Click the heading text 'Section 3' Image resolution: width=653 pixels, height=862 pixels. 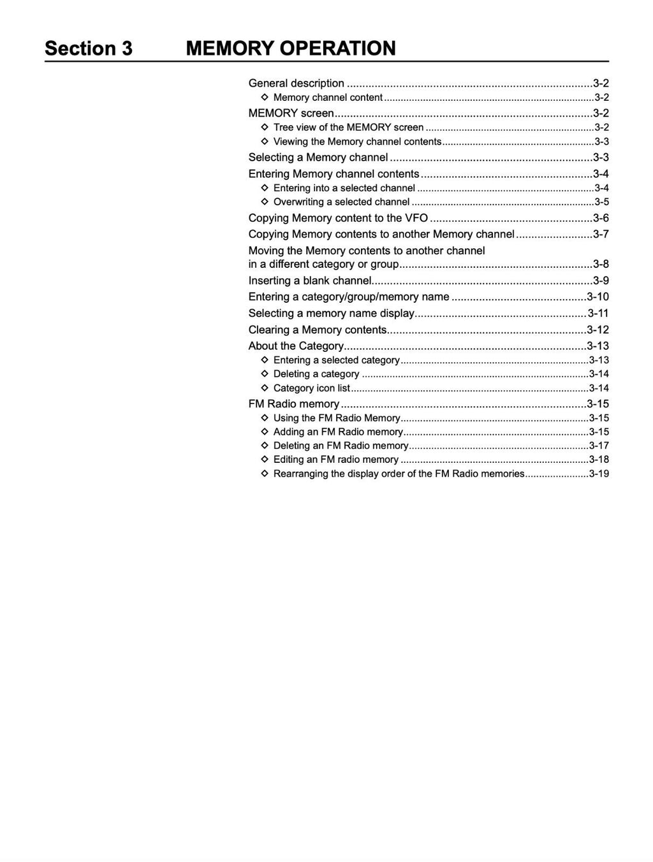tap(89, 48)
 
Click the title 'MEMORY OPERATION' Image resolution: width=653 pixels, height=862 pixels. tap(291, 48)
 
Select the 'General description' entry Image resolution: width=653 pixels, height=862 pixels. tap(296, 84)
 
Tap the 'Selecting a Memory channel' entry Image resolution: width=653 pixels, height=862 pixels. tap(318, 157)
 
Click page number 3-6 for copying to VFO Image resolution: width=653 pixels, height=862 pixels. tap(601, 218)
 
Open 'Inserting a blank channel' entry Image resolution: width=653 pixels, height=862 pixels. tap(310, 281)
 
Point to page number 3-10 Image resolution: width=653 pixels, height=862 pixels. tap(598, 296)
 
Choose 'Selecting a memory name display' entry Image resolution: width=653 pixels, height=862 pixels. tap(332, 313)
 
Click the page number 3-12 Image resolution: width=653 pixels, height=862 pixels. tap(598, 330)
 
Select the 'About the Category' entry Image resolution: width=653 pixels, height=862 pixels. tap(296, 346)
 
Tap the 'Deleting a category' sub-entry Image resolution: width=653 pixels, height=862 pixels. tap(316, 374)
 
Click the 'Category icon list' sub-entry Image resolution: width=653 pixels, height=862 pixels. tap(312, 388)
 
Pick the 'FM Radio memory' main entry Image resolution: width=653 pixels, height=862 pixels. tap(294, 404)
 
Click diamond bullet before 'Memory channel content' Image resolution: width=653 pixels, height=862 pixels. tap(265, 98)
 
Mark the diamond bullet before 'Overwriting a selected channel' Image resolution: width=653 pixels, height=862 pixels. tap(265, 202)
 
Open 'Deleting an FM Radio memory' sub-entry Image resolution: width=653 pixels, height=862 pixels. tap(341, 446)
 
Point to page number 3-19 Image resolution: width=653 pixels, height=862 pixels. tap(599, 474)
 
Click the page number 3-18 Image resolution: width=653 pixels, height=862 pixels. tap(599, 460)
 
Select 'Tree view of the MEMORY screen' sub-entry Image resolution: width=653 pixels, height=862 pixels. tap(348, 128)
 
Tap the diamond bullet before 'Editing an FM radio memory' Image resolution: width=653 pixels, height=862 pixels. tap(265, 460)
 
